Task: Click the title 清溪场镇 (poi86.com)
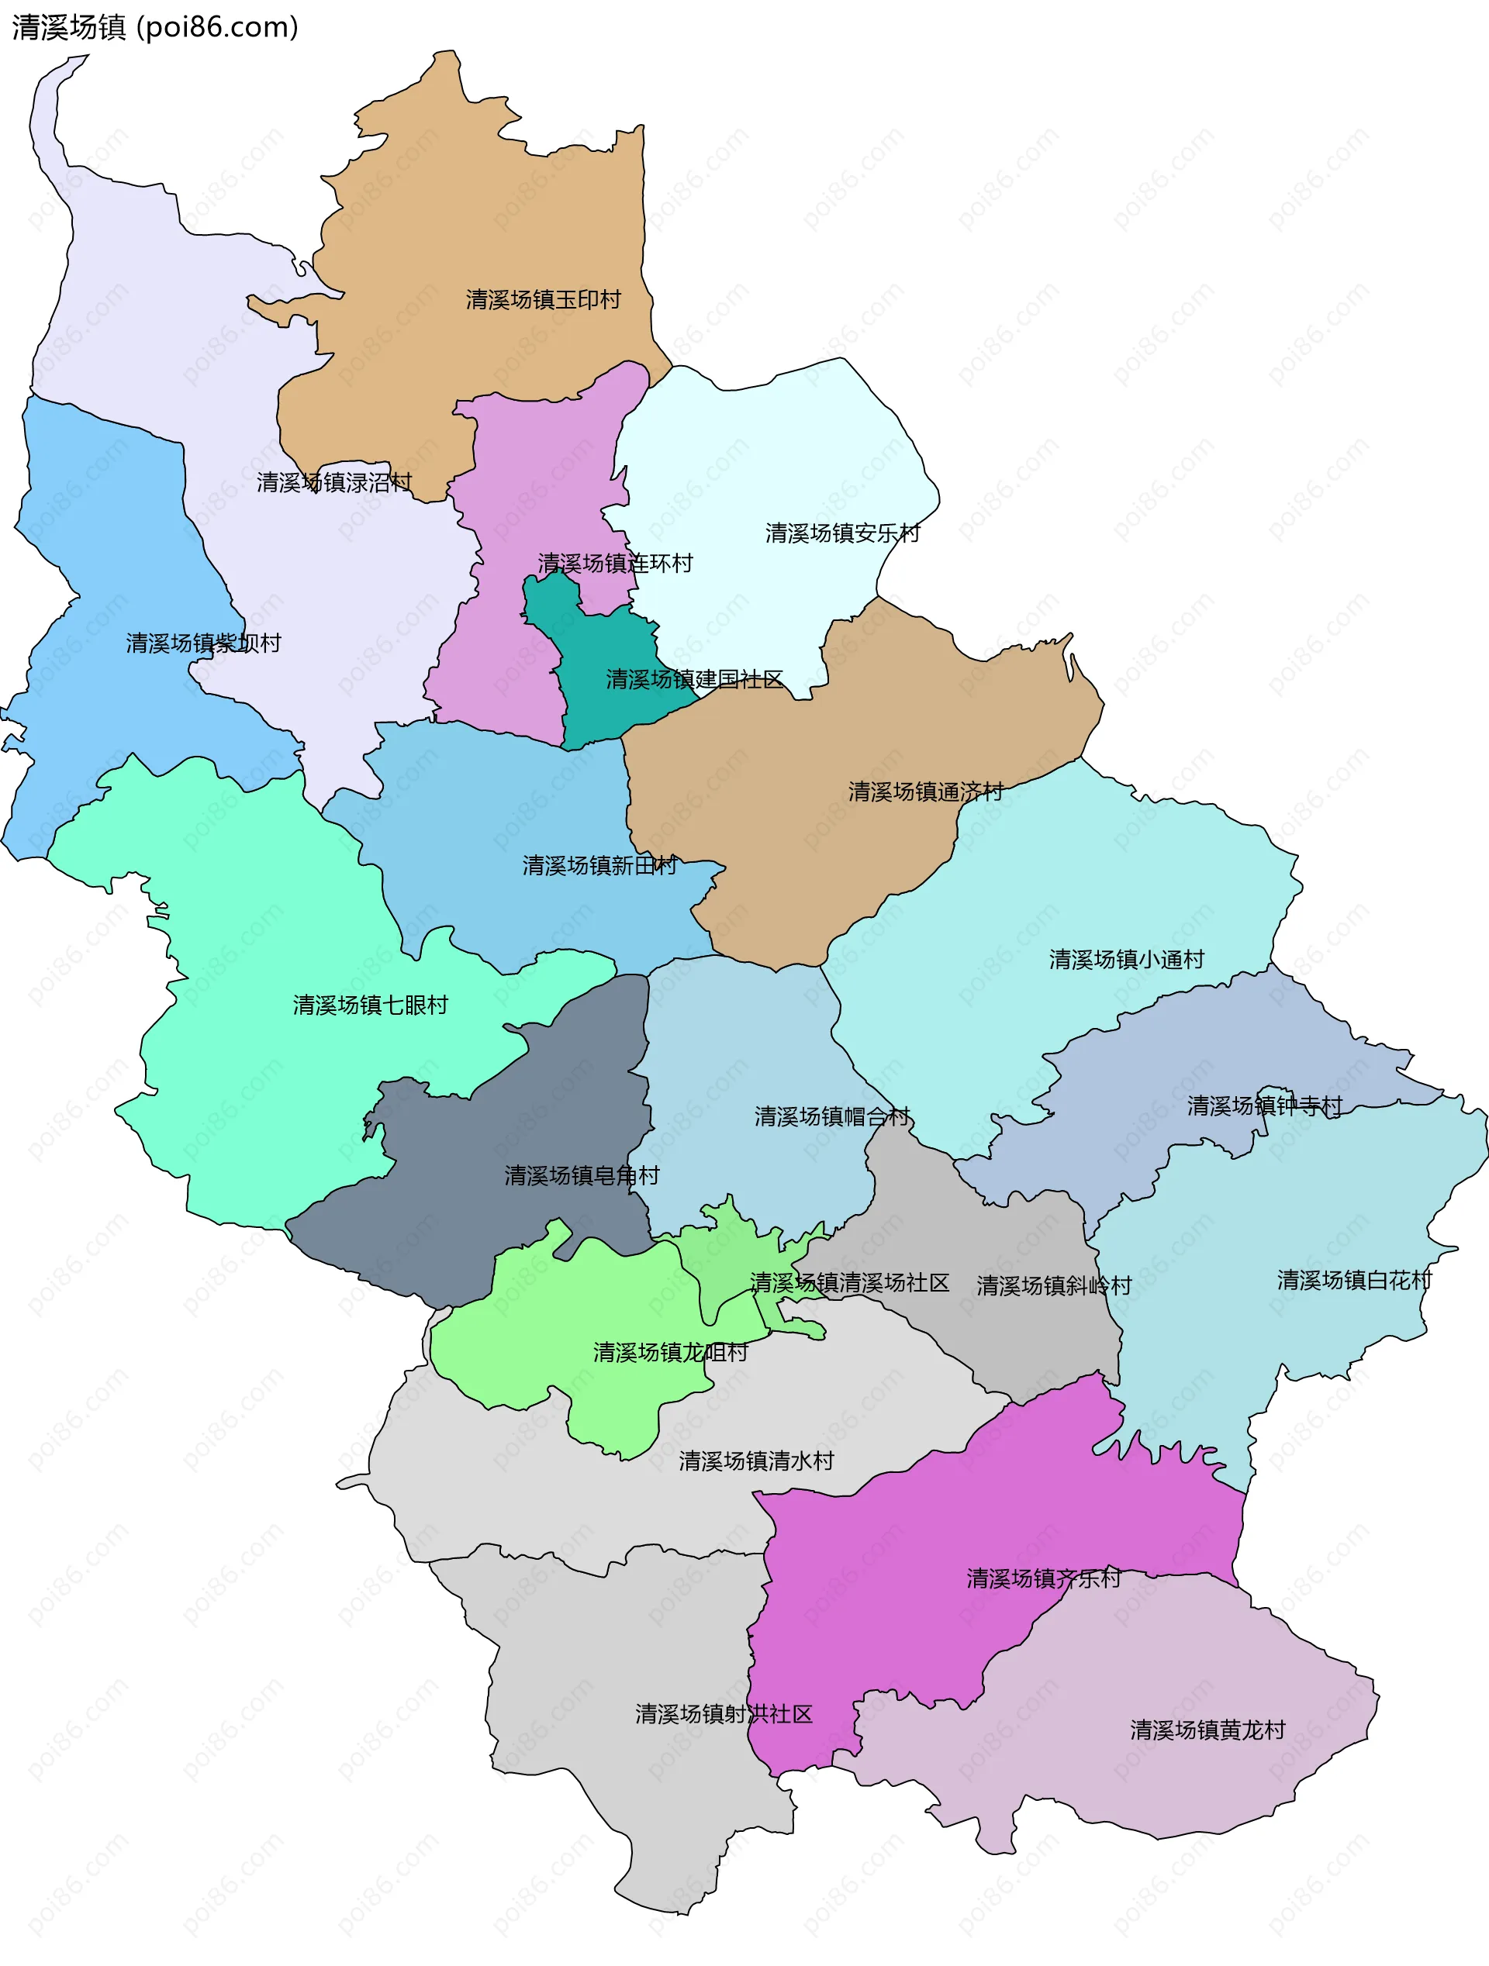coord(156,28)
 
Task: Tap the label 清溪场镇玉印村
coord(543,299)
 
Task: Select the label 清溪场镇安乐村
coord(842,533)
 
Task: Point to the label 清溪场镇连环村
coord(614,564)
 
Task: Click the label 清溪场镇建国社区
coord(694,680)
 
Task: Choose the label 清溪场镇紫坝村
coord(202,643)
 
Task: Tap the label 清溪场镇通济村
coord(924,792)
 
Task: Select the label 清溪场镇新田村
coord(599,866)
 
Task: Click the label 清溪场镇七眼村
coord(370,1005)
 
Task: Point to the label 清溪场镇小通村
coord(1126,960)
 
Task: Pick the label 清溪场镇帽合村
coord(832,1117)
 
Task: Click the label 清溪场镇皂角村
coord(582,1176)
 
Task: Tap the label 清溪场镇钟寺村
coord(1264,1106)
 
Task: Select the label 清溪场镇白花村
coord(1354,1281)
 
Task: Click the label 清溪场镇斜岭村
coord(1053,1286)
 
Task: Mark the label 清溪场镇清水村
coord(755,1461)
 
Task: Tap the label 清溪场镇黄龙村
coord(1207,1730)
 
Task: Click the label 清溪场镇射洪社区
coord(724,1715)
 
